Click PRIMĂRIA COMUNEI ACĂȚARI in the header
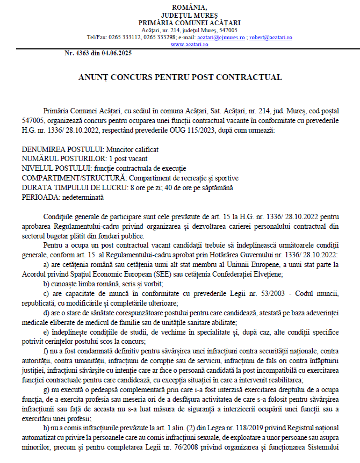(x=189, y=23)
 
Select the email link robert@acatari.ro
(x=271, y=38)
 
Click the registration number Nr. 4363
(x=77, y=53)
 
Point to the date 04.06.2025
(x=116, y=53)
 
